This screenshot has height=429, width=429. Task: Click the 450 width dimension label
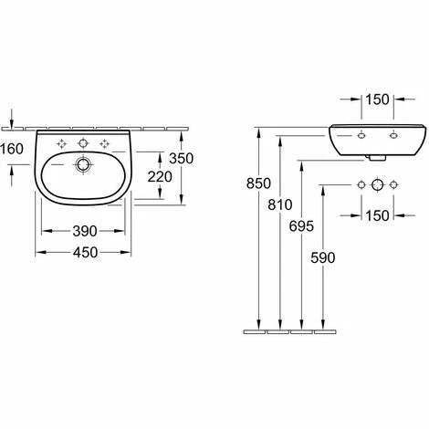pyautogui.click(x=85, y=253)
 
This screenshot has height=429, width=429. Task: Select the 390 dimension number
pyautogui.click(x=85, y=231)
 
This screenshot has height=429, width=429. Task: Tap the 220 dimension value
pyautogui.click(x=160, y=177)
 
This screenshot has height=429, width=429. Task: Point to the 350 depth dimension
pyautogui.click(x=181, y=159)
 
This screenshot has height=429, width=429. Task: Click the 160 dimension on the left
pyautogui.click(x=12, y=149)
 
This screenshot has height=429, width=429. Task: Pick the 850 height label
pyautogui.click(x=258, y=183)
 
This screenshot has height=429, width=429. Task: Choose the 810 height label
pyautogui.click(x=280, y=204)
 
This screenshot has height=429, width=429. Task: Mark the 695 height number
pyautogui.click(x=301, y=226)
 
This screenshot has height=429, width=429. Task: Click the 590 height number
pyautogui.click(x=323, y=257)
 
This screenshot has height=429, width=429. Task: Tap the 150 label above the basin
pyautogui.click(x=377, y=99)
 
